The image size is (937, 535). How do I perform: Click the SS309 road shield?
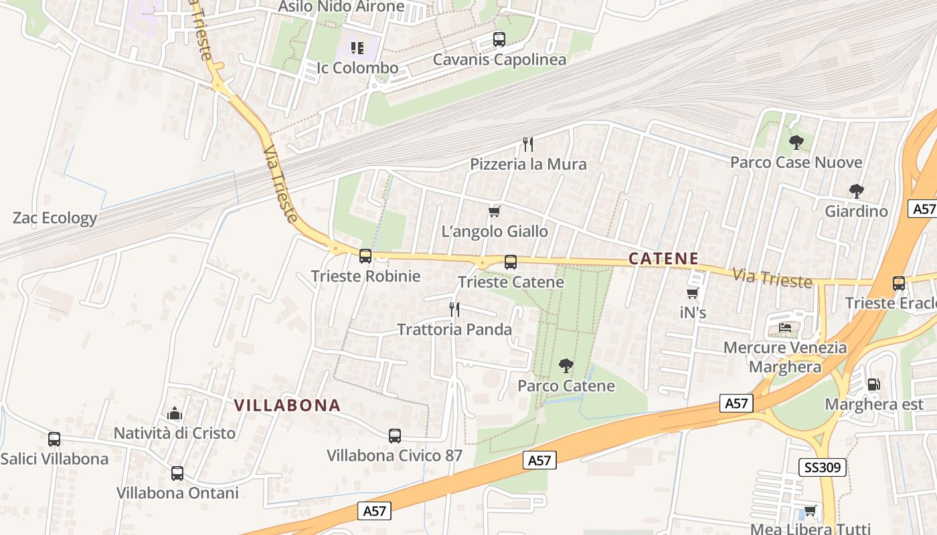pos(823,467)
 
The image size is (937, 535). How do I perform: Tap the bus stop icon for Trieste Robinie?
pos(365,255)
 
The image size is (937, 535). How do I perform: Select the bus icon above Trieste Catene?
pos(511,261)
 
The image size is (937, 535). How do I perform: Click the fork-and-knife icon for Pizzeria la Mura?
pos(528,144)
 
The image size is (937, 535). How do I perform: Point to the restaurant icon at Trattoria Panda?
pos(454,309)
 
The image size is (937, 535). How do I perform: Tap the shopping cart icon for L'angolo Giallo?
pos(495,211)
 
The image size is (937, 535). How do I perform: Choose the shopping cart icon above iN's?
pos(693,293)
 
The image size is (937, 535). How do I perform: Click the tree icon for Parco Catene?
pos(566,365)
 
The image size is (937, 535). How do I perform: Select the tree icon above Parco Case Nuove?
pos(796,142)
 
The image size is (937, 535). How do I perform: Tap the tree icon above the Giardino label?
pos(856,191)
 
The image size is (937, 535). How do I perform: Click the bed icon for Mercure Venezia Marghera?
pos(785,328)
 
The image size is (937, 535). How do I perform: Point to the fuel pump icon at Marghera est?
pos(873,385)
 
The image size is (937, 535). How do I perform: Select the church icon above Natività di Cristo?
pos(175,413)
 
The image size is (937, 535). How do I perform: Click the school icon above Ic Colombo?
pos(357,48)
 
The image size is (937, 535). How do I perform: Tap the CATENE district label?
pos(664,259)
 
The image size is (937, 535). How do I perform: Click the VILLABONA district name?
pos(288,405)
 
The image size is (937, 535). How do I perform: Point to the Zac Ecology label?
pos(55,218)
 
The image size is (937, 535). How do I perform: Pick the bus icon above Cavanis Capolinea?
pos(499,39)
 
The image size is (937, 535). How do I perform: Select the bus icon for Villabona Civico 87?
pos(395,436)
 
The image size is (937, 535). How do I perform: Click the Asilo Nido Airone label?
pos(341,7)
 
